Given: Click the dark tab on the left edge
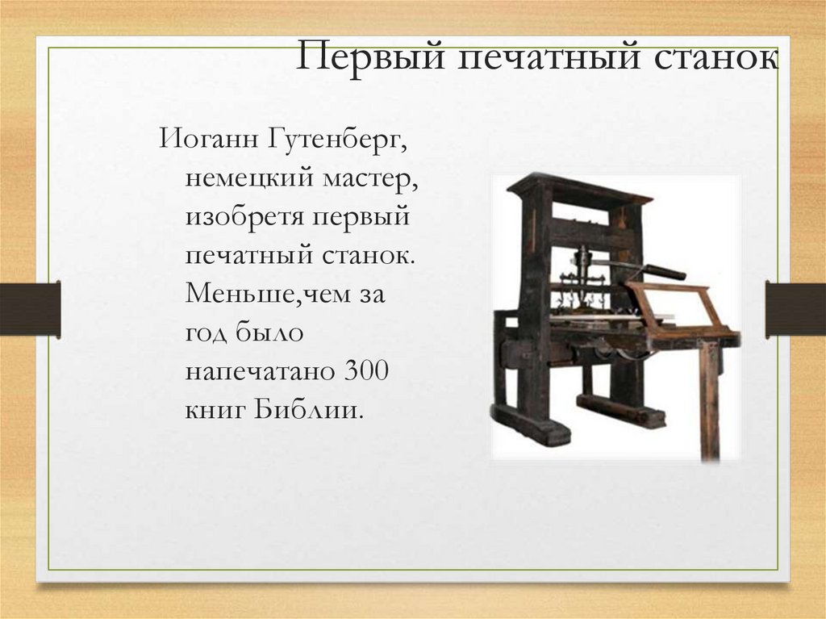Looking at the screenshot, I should click(30, 308).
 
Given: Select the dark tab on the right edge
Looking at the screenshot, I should click(795, 308).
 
